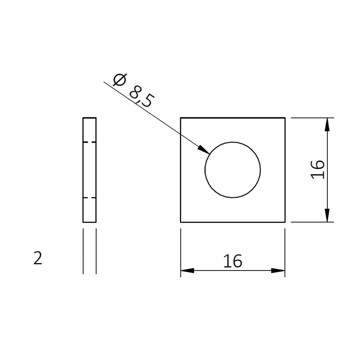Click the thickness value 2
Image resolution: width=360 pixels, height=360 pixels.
click(38, 258)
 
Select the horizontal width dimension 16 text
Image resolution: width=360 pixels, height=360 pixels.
click(232, 261)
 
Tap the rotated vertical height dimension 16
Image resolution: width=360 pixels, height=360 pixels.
click(318, 170)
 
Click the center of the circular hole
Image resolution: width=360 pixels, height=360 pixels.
click(232, 170)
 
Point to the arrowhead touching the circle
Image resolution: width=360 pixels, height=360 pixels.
click(204, 150)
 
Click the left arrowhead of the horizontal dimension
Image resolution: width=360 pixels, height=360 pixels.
click(187, 270)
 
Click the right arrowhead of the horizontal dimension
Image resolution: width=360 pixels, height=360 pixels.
click(278, 270)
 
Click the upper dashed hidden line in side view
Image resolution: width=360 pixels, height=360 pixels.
click(89, 142)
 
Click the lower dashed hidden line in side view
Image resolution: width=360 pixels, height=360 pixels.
click(89, 198)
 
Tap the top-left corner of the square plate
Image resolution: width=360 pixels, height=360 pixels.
click(181, 118)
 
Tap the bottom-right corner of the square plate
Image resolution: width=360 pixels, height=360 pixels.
click(285, 222)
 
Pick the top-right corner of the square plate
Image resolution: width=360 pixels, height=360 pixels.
click(285, 118)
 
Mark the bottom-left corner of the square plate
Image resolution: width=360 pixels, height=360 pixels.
click(181, 222)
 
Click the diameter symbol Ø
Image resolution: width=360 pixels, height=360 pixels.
click(120, 80)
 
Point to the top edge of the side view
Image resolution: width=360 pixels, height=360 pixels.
click(89, 118)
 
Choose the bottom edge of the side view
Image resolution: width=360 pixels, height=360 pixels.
click(89, 222)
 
